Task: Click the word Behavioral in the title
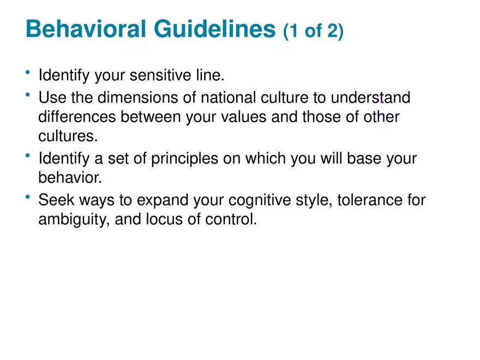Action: pos(86,29)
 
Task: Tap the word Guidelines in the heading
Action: pos(214,29)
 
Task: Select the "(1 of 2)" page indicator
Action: pos(313,31)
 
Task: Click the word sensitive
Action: pos(160,75)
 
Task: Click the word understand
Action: pos(370,97)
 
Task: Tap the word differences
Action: pos(77,117)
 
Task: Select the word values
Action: pos(244,117)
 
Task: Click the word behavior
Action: pos(70,178)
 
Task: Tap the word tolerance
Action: pos(370,200)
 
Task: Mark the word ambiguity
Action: pos(74,220)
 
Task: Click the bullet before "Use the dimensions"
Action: pos(28,94)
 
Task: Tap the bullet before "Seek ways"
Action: pos(28,197)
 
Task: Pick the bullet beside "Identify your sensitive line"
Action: pos(28,72)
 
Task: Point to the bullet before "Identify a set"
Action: pos(28,155)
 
